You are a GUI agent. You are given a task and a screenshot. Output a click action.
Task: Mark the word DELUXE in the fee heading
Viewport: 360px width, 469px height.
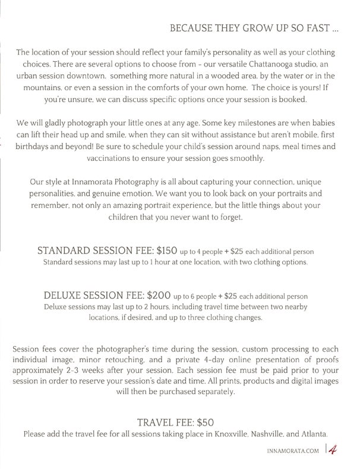[67, 294]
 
